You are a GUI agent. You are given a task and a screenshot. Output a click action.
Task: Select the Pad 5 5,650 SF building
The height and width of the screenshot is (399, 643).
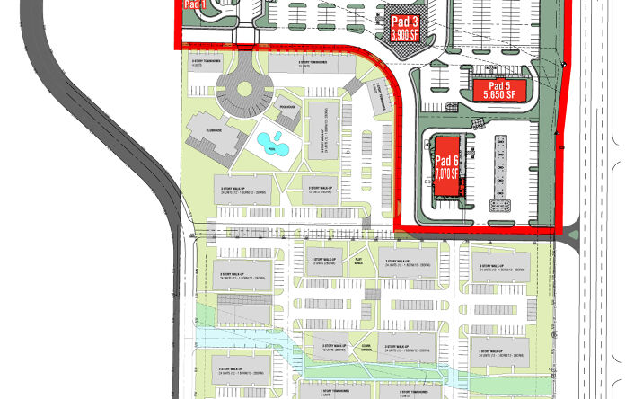pyautogui.click(x=496, y=88)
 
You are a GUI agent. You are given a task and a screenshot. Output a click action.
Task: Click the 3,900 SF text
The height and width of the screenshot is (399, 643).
pyautogui.click(x=405, y=34)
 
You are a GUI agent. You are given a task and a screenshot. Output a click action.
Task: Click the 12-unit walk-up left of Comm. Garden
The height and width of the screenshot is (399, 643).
pyautogui.click(x=328, y=346)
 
